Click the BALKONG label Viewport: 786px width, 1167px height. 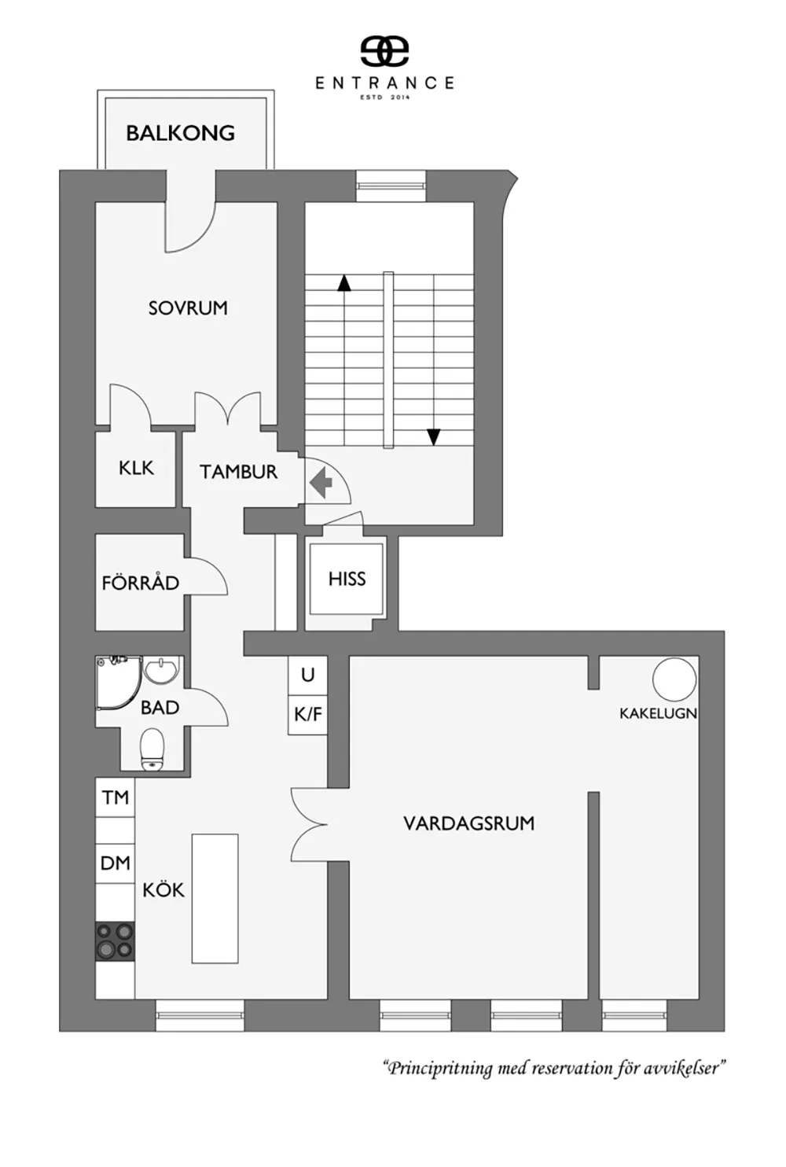180,133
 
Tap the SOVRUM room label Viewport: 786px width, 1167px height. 188,308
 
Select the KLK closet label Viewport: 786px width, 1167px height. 136,468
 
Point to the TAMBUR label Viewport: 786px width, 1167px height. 239,472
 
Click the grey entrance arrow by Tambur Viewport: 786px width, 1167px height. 321,482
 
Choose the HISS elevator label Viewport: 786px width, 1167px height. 347,579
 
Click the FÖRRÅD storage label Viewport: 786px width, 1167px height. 140,582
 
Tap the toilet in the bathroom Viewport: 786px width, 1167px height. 152,749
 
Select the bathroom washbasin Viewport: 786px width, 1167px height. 161,670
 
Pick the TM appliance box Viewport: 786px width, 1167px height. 115,797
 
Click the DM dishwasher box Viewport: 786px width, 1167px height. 115,863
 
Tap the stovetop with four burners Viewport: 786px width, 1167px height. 115,942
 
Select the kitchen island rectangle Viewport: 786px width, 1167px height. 215,899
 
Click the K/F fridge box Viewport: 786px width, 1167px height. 308,715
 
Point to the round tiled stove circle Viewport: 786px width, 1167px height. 674,679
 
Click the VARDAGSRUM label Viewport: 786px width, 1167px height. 468,823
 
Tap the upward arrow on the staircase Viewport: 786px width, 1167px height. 343,283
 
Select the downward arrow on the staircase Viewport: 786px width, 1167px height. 433,436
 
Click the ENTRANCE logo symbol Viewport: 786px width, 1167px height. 385,52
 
